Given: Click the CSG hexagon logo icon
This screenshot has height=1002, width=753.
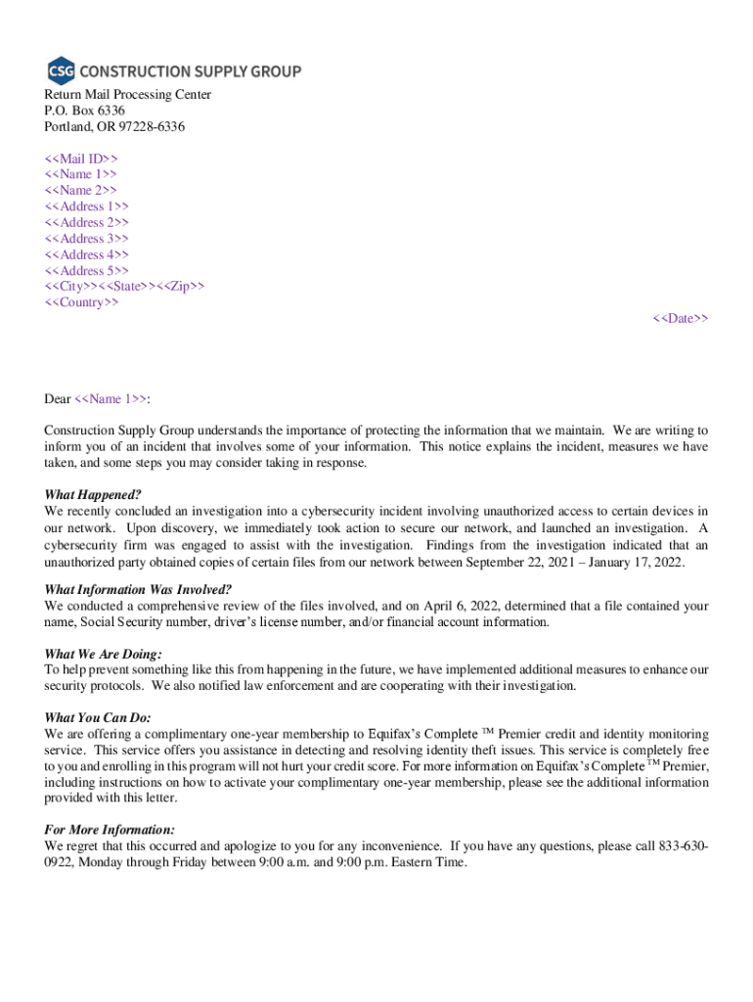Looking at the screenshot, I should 60,70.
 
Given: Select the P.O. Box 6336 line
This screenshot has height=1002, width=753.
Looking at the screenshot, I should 84,111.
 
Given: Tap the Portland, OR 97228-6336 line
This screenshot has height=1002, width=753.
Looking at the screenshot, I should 114,127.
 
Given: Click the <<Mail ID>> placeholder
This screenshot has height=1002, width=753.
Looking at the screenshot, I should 81,159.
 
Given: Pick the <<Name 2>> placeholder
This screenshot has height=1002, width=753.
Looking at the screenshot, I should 81,191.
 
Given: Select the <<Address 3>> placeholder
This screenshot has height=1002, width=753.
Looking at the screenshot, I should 87,239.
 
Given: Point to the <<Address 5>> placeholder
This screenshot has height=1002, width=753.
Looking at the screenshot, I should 87,271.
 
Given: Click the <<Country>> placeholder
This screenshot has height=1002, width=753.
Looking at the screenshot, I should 82,303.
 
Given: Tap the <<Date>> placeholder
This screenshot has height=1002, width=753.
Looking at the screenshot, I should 681,319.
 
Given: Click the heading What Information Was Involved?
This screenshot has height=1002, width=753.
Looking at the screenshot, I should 138,589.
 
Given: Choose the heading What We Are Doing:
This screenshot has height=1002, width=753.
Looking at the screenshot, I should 104,654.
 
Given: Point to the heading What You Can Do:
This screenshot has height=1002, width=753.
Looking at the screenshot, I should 98,717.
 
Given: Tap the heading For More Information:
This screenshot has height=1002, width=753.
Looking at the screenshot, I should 110,830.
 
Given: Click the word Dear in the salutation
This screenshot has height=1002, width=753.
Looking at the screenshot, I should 58,399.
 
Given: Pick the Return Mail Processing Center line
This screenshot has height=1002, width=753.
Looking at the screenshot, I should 127,95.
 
